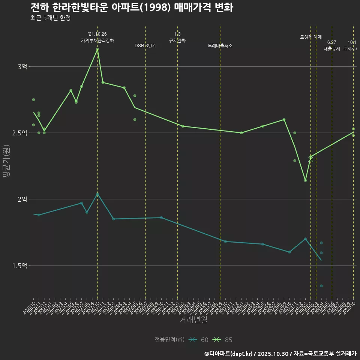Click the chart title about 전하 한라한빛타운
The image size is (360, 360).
coord(132,7)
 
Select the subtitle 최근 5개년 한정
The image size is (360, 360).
coord(50,18)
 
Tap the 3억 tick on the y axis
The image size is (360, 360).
coord(22,67)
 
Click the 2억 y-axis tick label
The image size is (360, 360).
coord(22,199)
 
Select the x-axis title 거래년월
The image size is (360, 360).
coord(193,320)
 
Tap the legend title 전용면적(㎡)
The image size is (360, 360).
coord(169,340)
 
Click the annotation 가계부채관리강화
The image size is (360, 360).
coord(97,40)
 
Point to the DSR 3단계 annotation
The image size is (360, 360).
coord(145,46)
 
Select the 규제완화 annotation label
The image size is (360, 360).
coord(177,40)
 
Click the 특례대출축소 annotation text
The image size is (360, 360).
coord(220,46)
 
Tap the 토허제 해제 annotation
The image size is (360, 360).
coord(311,37)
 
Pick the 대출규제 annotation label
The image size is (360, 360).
coord(331,49)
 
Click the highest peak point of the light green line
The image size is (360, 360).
coord(97,49)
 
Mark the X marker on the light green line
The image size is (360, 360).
coord(310,159)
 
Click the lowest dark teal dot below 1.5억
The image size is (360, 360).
coord(321,286)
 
